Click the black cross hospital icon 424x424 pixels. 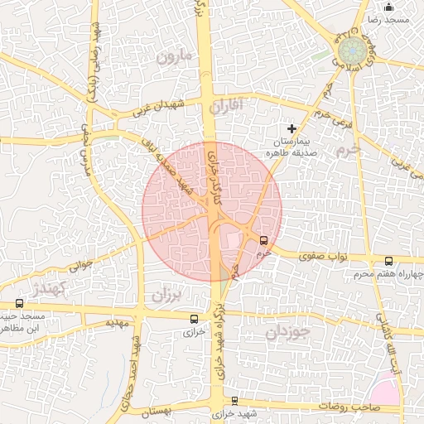[291, 128]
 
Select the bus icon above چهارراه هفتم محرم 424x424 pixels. [388, 262]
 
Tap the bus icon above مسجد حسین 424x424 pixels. [19, 303]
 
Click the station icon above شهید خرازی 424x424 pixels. [234, 401]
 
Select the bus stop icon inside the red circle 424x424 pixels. [263, 240]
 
